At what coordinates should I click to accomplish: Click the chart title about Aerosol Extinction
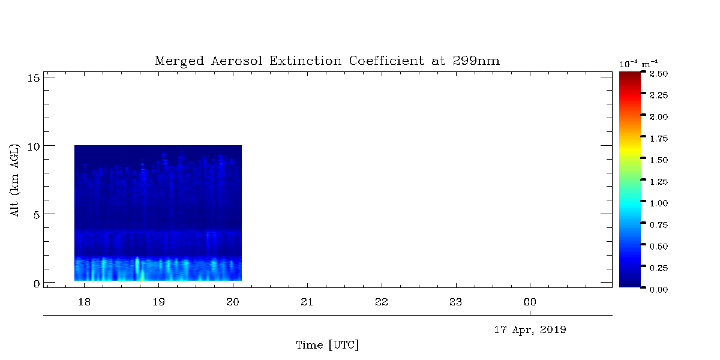pyautogui.click(x=327, y=61)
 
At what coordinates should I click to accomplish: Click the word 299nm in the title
pyautogui.click(x=476, y=61)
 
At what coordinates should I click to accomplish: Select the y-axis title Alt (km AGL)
pyautogui.click(x=15, y=181)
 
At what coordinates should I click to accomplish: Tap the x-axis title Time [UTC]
pyautogui.click(x=327, y=345)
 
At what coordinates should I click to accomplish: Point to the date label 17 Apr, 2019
pyautogui.click(x=530, y=330)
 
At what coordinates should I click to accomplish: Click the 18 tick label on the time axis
pyautogui.click(x=84, y=302)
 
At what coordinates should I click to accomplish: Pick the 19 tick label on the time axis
pyautogui.click(x=158, y=302)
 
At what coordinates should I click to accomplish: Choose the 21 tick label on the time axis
pyautogui.click(x=307, y=302)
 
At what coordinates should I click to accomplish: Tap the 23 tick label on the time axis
pyautogui.click(x=456, y=302)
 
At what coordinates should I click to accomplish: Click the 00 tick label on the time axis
pyautogui.click(x=530, y=302)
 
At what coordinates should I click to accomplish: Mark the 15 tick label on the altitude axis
pyautogui.click(x=34, y=78)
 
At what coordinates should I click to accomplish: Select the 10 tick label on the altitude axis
pyautogui.click(x=34, y=146)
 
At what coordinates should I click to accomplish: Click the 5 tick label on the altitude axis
pyautogui.click(x=37, y=215)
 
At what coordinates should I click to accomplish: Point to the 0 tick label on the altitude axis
pyautogui.click(x=37, y=283)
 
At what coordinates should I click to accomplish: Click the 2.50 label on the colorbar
pyautogui.click(x=659, y=74)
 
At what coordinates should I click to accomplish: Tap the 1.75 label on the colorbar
pyautogui.click(x=659, y=139)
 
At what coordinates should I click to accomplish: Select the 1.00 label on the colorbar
pyautogui.click(x=659, y=203)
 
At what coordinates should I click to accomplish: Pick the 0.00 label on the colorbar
pyautogui.click(x=659, y=290)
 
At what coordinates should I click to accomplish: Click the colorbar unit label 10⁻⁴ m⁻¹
pyautogui.click(x=638, y=64)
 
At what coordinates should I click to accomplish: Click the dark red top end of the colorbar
pyautogui.click(x=629, y=73)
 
